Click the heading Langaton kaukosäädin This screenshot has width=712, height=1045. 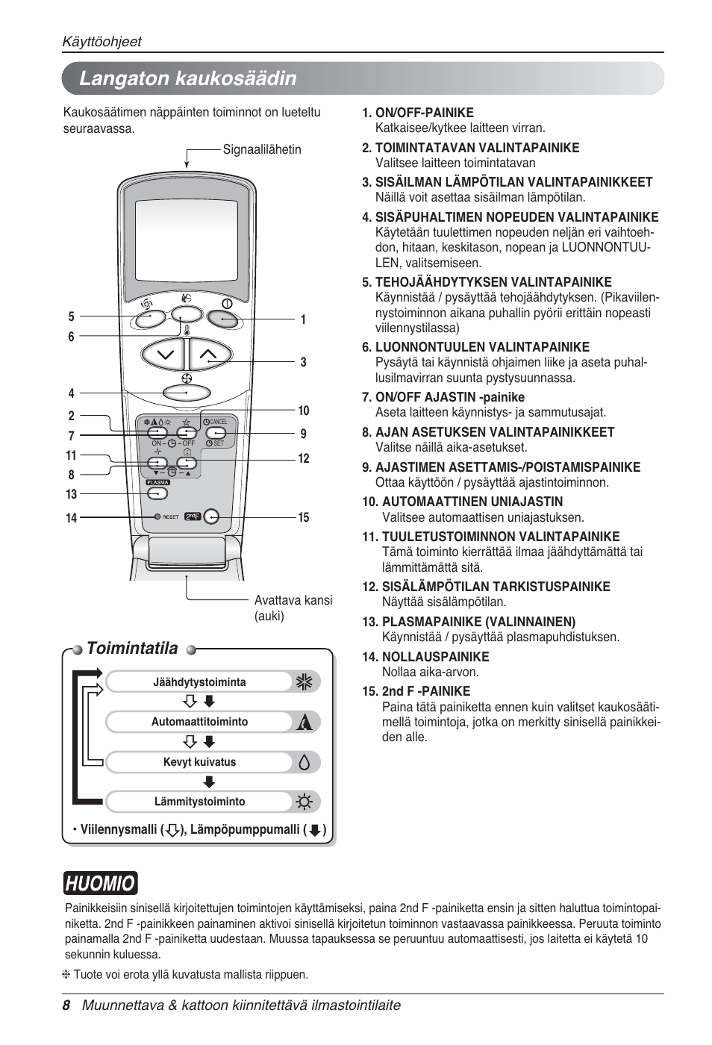pyautogui.click(x=187, y=78)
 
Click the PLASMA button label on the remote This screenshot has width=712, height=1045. pyautogui.click(x=157, y=483)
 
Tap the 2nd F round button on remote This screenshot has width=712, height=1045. pyautogui.click(x=211, y=517)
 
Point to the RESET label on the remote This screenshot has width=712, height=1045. pyautogui.click(x=170, y=517)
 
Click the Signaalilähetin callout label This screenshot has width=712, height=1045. pyautogui.click(x=262, y=149)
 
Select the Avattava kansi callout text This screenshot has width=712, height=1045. pyautogui.click(x=293, y=608)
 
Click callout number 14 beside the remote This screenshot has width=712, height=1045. pyautogui.click(x=71, y=518)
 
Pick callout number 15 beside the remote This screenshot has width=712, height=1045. pyautogui.click(x=303, y=517)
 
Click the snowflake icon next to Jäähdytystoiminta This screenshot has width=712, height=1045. pyautogui.click(x=304, y=682)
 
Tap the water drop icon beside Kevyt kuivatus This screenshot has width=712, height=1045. pyautogui.click(x=304, y=762)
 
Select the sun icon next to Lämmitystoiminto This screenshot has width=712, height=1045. pyautogui.click(x=304, y=802)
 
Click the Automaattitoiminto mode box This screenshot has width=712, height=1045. pyautogui.click(x=199, y=722)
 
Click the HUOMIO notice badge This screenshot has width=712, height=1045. pyautogui.click(x=100, y=884)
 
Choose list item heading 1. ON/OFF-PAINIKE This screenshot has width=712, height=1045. pyautogui.click(x=417, y=113)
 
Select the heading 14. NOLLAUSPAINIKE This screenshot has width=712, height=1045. pyautogui.click(x=425, y=657)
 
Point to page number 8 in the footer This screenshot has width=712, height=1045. pyautogui.click(x=66, y=1005)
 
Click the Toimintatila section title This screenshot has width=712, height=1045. pyautogui.click(x=132, y=649)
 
